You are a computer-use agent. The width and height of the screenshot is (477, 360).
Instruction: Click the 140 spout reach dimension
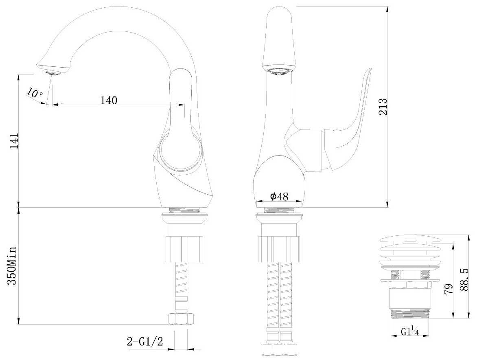pos(109,100)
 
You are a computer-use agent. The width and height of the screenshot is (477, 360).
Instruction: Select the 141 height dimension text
pos(14,141)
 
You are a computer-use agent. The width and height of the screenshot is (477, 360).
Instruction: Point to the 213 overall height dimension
pos(383,107)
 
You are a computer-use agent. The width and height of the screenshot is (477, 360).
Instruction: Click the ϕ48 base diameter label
pos(279,197)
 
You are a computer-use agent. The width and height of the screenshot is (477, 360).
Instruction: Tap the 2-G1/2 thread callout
pos(145,342)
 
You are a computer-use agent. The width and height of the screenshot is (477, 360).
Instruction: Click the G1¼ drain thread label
pos(409,331)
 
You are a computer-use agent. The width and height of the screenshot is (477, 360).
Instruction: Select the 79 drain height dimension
pos(449,288)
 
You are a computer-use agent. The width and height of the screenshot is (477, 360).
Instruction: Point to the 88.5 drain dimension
pos(464,279)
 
